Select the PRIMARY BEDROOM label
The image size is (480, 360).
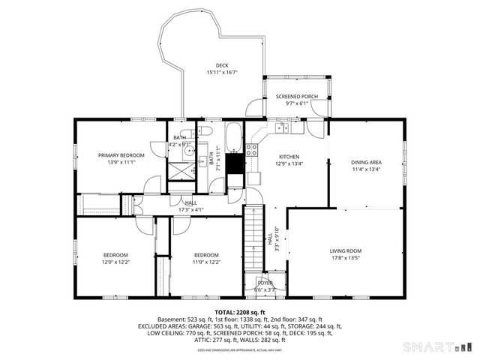pyautogui.click(x=121, y=154)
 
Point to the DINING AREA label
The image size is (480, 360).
pyautogui.click(x=366, y=162)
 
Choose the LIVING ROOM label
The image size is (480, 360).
pyautogui.click(x=346, y=250)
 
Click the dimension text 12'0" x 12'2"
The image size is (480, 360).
pyautogui.click(x=116, y=262)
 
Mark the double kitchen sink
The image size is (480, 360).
pyautogui.click(x=283, y=128)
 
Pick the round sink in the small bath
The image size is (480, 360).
pyautogui.click(x=190, y=150)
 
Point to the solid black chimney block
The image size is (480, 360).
pyautogui.click(x=235, y=163)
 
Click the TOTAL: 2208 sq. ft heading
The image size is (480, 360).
pyautogui.click(x=239, y=311)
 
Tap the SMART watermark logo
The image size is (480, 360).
pyautogui.click(x=439, y=346)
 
